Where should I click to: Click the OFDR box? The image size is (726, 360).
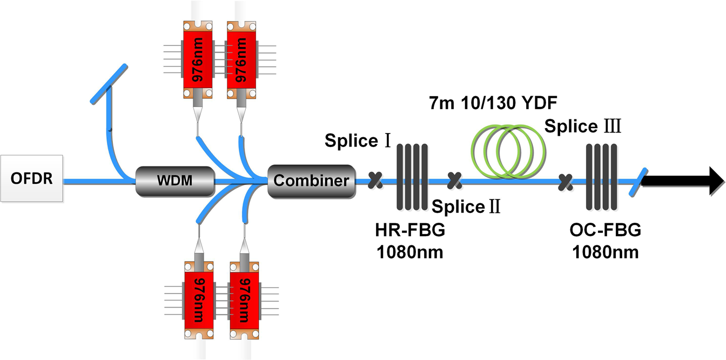(x=32, y=178)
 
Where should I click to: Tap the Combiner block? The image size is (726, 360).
(x=311, y=180)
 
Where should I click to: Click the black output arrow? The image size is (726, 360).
(x=684, y=180)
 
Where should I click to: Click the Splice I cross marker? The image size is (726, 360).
(x=373, y=180)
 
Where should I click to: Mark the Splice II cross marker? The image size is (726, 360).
(x=455, y=180)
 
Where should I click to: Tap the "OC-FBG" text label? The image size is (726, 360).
(x=605, y=231)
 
